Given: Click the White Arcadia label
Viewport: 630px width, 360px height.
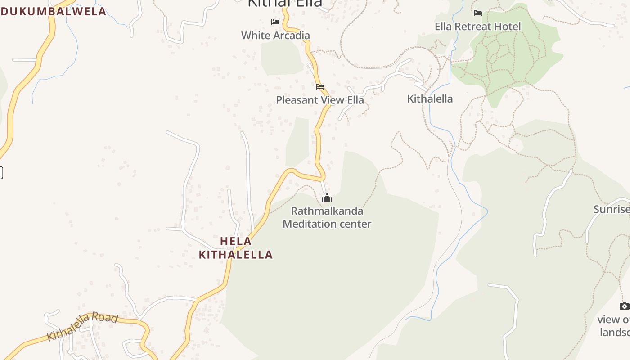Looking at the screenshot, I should click(275, 36).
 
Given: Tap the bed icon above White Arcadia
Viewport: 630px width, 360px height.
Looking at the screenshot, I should click(275, 22).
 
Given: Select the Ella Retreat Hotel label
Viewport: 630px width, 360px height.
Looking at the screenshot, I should click(477, 27).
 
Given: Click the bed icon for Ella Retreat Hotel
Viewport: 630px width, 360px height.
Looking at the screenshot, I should click(478, 13).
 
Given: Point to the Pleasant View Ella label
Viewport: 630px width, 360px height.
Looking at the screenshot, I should click(319, 100).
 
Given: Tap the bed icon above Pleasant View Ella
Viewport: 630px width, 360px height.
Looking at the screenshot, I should click(320, 86).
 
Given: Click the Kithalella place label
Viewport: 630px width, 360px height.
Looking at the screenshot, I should click(430, 99).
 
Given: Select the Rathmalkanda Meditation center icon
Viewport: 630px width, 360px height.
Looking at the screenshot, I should click(327, 198).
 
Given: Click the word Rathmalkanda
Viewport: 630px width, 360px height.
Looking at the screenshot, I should click(327, 211).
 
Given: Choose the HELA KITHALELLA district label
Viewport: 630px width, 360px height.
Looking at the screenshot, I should click(236, 248).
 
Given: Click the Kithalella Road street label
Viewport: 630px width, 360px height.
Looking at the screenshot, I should click(82, 326).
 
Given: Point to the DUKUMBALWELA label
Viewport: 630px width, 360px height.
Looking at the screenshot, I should click(53, 11).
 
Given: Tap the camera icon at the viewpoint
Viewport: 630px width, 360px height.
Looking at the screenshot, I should click(624, 306).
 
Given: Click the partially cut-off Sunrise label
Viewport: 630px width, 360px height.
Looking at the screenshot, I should click(612, 209).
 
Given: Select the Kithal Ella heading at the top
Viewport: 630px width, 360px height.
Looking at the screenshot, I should click(285, 3).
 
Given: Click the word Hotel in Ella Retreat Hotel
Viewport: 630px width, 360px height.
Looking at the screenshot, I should click(507, 27).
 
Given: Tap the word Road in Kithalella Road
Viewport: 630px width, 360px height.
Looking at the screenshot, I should click(107, 318).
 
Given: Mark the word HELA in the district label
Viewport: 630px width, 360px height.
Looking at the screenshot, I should click(236, 242).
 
